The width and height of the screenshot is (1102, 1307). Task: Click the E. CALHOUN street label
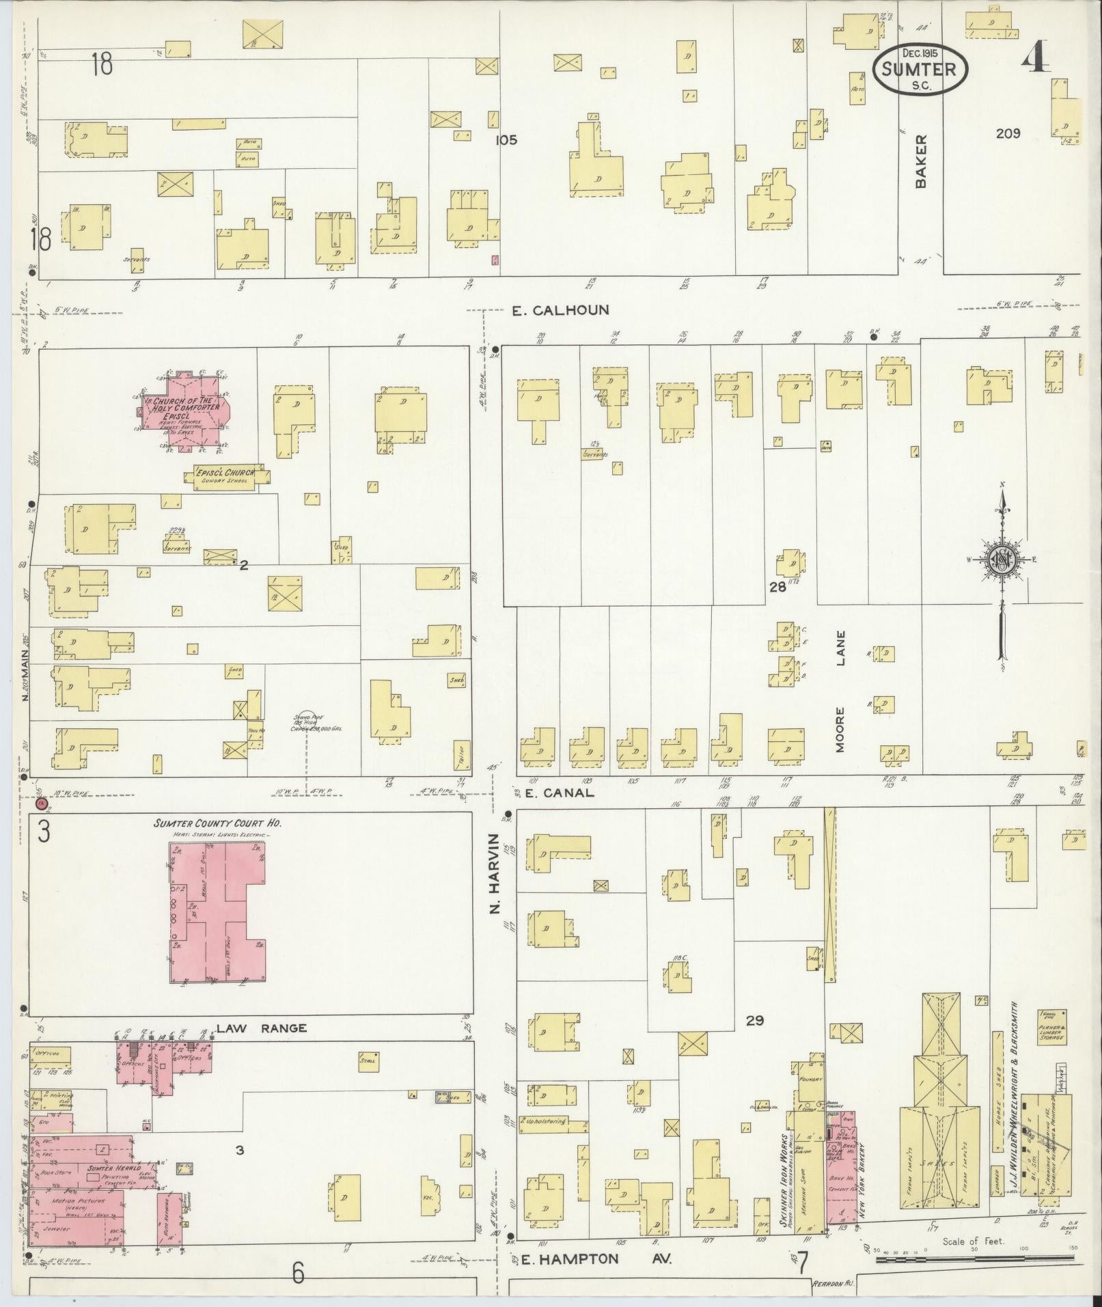(560, 310)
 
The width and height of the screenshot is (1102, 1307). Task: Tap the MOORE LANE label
(840, 691)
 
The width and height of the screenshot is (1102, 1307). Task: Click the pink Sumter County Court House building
(217, 912)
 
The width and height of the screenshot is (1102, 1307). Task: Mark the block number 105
(506, 140)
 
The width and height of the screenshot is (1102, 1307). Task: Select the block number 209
(1008, 133)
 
